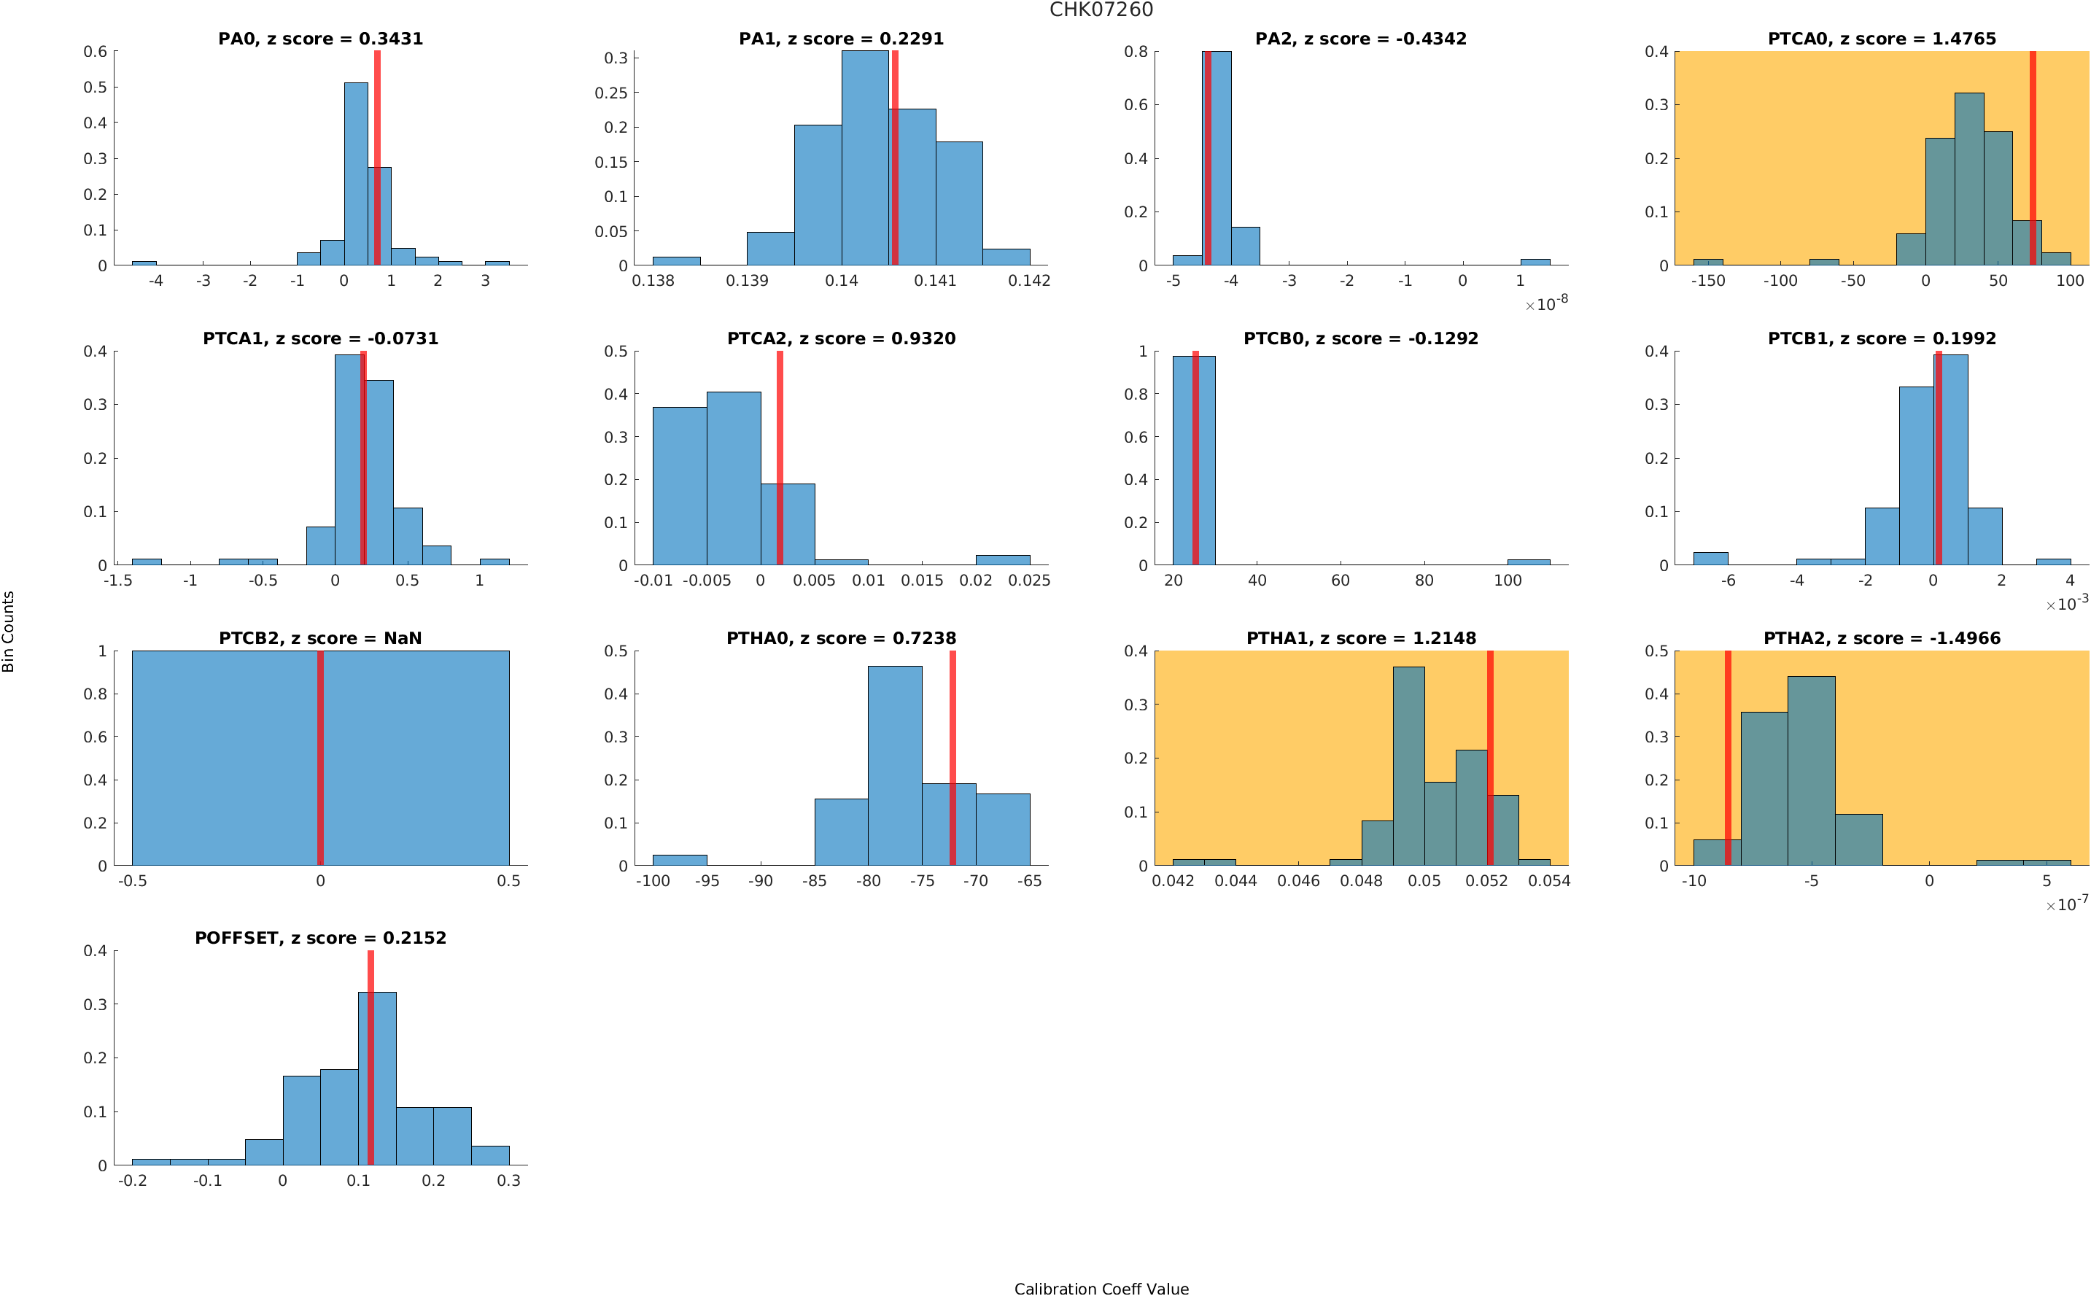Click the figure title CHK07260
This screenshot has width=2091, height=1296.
[1101, 10]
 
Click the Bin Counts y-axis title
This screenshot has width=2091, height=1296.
[9, 631]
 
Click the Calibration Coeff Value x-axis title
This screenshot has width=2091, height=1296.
[1101, 1287]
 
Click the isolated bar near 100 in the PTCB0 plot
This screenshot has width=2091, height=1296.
[1528, 562]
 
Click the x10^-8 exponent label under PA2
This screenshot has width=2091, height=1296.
[1546, 304]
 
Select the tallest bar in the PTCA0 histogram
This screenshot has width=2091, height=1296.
[1968, 179]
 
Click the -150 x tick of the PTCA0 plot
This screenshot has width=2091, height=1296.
[1707, 281]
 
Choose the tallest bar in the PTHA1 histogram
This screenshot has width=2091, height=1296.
[1408, 766]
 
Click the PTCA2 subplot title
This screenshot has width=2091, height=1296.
[841, 338]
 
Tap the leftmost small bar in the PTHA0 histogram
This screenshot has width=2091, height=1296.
[680, 860]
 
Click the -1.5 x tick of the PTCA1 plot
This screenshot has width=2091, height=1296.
[117, 581]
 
